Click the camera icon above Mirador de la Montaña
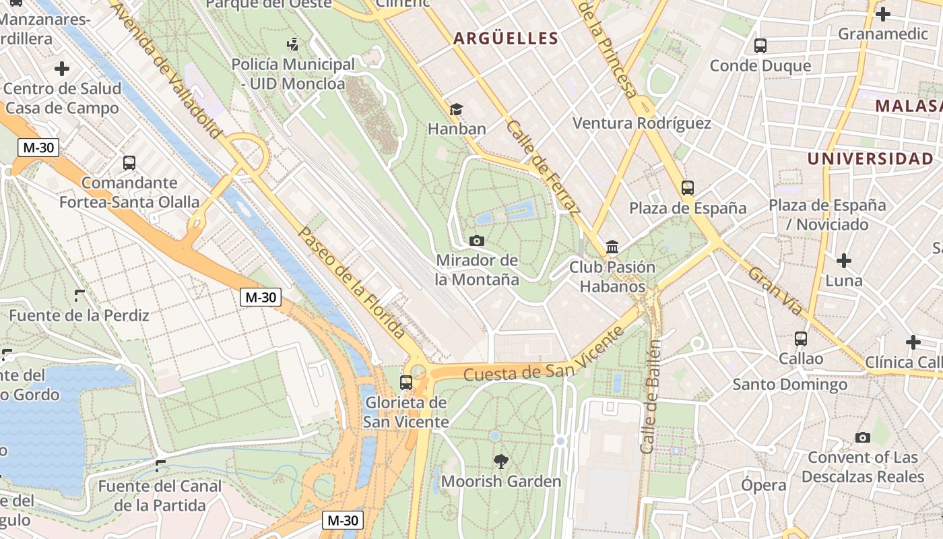(x=476, y=241)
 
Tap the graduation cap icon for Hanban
(x=457, y=109)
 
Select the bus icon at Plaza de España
(x=687, y=188)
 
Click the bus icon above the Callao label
(x=800, y=338)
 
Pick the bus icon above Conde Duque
(x=760, y=46)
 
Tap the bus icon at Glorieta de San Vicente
(x=405, y=382)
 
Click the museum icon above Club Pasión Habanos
(x=612, y=247)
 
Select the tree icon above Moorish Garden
(x=500, y=462)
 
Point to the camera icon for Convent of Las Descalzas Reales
(x=862, y=437)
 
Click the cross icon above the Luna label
(x=843, y=260)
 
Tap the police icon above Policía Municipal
(x=292, y=44)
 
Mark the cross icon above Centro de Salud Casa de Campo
(x=62, y=68)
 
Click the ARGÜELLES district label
(x=506, y=38)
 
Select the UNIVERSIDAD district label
(x=870, y=159)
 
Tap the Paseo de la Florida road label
(x=352, y=283)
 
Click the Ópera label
(x=763, y=485)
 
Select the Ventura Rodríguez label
(x=641, y=123)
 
